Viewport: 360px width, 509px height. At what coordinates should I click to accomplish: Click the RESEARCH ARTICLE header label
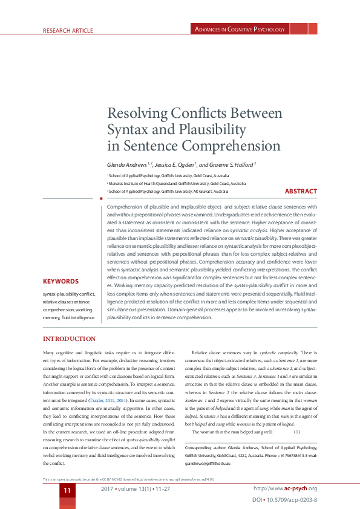(67, 30)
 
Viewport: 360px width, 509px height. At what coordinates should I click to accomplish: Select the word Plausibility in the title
(213, 129)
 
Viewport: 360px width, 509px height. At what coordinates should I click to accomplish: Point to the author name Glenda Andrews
(128, 164)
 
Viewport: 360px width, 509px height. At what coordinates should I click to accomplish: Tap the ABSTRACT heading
(301, 192)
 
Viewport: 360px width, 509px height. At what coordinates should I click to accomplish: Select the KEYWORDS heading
(69, 282)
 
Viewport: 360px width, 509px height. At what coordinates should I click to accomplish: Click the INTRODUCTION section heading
(69, 339)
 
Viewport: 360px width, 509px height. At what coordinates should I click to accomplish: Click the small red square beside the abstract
(100, 198)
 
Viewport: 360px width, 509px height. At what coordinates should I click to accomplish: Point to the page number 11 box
(68, 490)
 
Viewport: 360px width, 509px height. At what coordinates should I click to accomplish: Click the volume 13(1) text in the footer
(135, 488)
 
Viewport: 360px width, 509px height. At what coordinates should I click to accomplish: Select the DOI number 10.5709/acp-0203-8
(293, 501)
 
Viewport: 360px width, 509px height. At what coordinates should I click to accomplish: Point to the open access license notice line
(128, 479)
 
